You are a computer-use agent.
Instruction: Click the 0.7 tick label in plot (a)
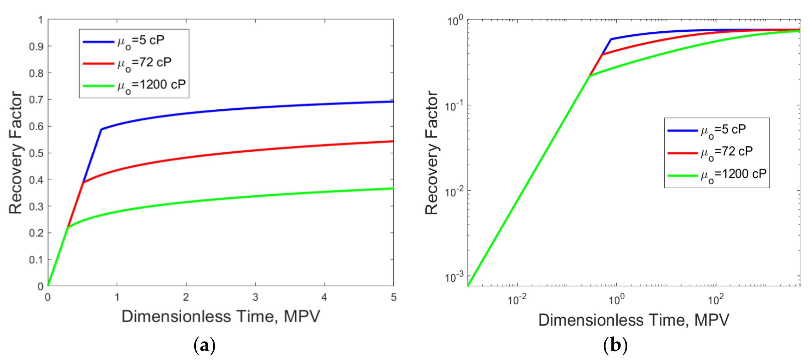click(x=36, y=100)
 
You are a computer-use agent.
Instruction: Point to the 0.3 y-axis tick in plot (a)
click(x=36, y=206)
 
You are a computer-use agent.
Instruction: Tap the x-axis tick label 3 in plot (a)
click(x=255, y=297)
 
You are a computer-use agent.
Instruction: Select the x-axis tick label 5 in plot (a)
click(x=394, y=297)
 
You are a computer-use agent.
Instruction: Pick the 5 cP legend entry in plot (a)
click(x=124, y=41)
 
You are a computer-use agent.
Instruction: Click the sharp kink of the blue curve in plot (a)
click(x=101, y=129)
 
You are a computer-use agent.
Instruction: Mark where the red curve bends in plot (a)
click(x=83, y=183)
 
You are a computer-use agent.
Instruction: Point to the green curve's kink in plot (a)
click(x=67, y=227)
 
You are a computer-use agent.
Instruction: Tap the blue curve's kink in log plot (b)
click(x=611, y=39)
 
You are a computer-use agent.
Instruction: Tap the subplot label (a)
click(x=205, y=345)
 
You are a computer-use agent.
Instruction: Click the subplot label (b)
click(x=615, y=345)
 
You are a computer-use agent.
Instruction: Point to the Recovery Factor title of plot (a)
click(x=16, y=153)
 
